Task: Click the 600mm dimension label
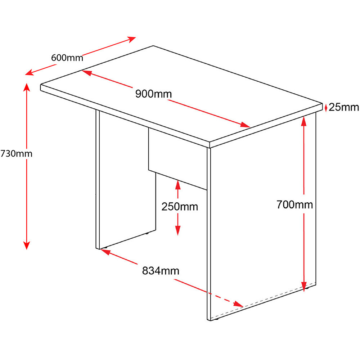coord(67,58)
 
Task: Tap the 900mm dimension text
coord(153,94)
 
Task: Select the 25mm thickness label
coord(344,107)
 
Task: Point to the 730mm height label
coord(16,153)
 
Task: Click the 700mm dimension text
coord(294,204)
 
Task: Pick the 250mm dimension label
coord(180,207)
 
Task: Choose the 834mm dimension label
coord(161,271)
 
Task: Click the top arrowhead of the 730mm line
coord(27,87)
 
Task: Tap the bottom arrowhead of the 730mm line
coord(27,246)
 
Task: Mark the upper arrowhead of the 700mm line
coord(304,121)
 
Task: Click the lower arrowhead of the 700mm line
coord(304,287)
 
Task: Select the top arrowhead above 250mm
coord(178,185)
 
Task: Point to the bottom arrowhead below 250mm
coord(178,230)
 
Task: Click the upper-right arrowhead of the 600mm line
coord(132,39)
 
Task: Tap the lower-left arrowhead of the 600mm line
coord(30,72)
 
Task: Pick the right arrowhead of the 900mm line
coord(245,125)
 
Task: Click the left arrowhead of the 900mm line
coord(86,73)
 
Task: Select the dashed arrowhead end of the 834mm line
coord(238,305)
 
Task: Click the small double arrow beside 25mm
coord(326,107)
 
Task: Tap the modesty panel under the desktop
coord(178,158)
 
